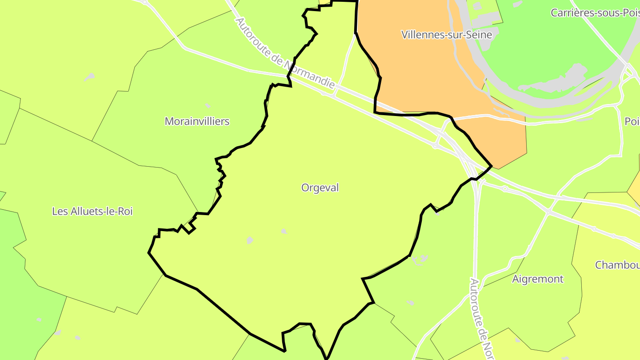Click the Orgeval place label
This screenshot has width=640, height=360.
[320, 188]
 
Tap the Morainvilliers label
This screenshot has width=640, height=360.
[197, 121]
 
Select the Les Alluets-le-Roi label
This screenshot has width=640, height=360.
[92, 212]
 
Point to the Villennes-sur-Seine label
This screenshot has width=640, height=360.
[447, 35]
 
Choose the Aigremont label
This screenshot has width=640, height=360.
[538, 279]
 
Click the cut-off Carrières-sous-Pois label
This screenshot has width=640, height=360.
[595, 13]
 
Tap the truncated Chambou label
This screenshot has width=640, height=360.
[617, 265]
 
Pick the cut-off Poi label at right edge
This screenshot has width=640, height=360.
[632, 121]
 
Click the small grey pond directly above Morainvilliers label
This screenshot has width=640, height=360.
[208, 106]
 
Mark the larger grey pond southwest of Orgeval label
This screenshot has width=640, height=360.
[250, 240]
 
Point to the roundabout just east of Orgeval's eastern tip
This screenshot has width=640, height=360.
[505, 189]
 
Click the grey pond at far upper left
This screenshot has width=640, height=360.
[90, 77]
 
